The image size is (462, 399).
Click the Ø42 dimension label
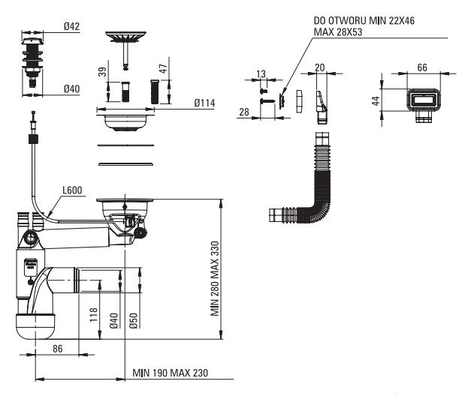coord(71,26)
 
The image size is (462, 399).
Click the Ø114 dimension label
coord(204,103)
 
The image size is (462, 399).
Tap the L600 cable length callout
coord(72,190)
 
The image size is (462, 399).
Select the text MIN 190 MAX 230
coord(171,373)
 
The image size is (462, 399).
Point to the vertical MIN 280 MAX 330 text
coord(215,278)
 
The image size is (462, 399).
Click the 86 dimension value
coord(57,349)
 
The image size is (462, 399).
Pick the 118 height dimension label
coord(93,314)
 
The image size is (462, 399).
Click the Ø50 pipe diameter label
coord(133,320)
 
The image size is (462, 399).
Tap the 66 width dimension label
coord(422,67)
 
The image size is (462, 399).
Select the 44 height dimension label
coord(376,101)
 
